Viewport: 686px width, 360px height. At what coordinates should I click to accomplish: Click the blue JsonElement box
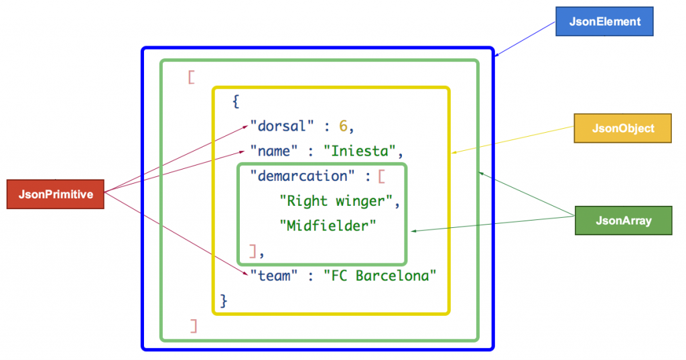pos(604,21)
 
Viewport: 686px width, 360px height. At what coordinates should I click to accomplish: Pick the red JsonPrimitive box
pos(55,194)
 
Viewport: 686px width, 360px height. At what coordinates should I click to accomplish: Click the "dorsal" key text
pos(281,126)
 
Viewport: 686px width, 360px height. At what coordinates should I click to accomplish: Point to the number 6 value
pos(343,126)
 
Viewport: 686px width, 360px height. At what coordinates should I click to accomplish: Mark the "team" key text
pos(274,275)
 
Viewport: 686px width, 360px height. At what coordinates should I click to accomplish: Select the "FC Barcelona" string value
pos(380,275)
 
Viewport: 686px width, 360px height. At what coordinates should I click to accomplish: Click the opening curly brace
pos(235,102)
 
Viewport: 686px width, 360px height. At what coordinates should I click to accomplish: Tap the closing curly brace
pos(224,301)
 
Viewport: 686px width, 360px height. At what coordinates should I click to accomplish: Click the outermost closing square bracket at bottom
pos(194,326)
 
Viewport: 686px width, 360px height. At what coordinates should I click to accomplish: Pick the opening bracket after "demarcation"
pos(381,176)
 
